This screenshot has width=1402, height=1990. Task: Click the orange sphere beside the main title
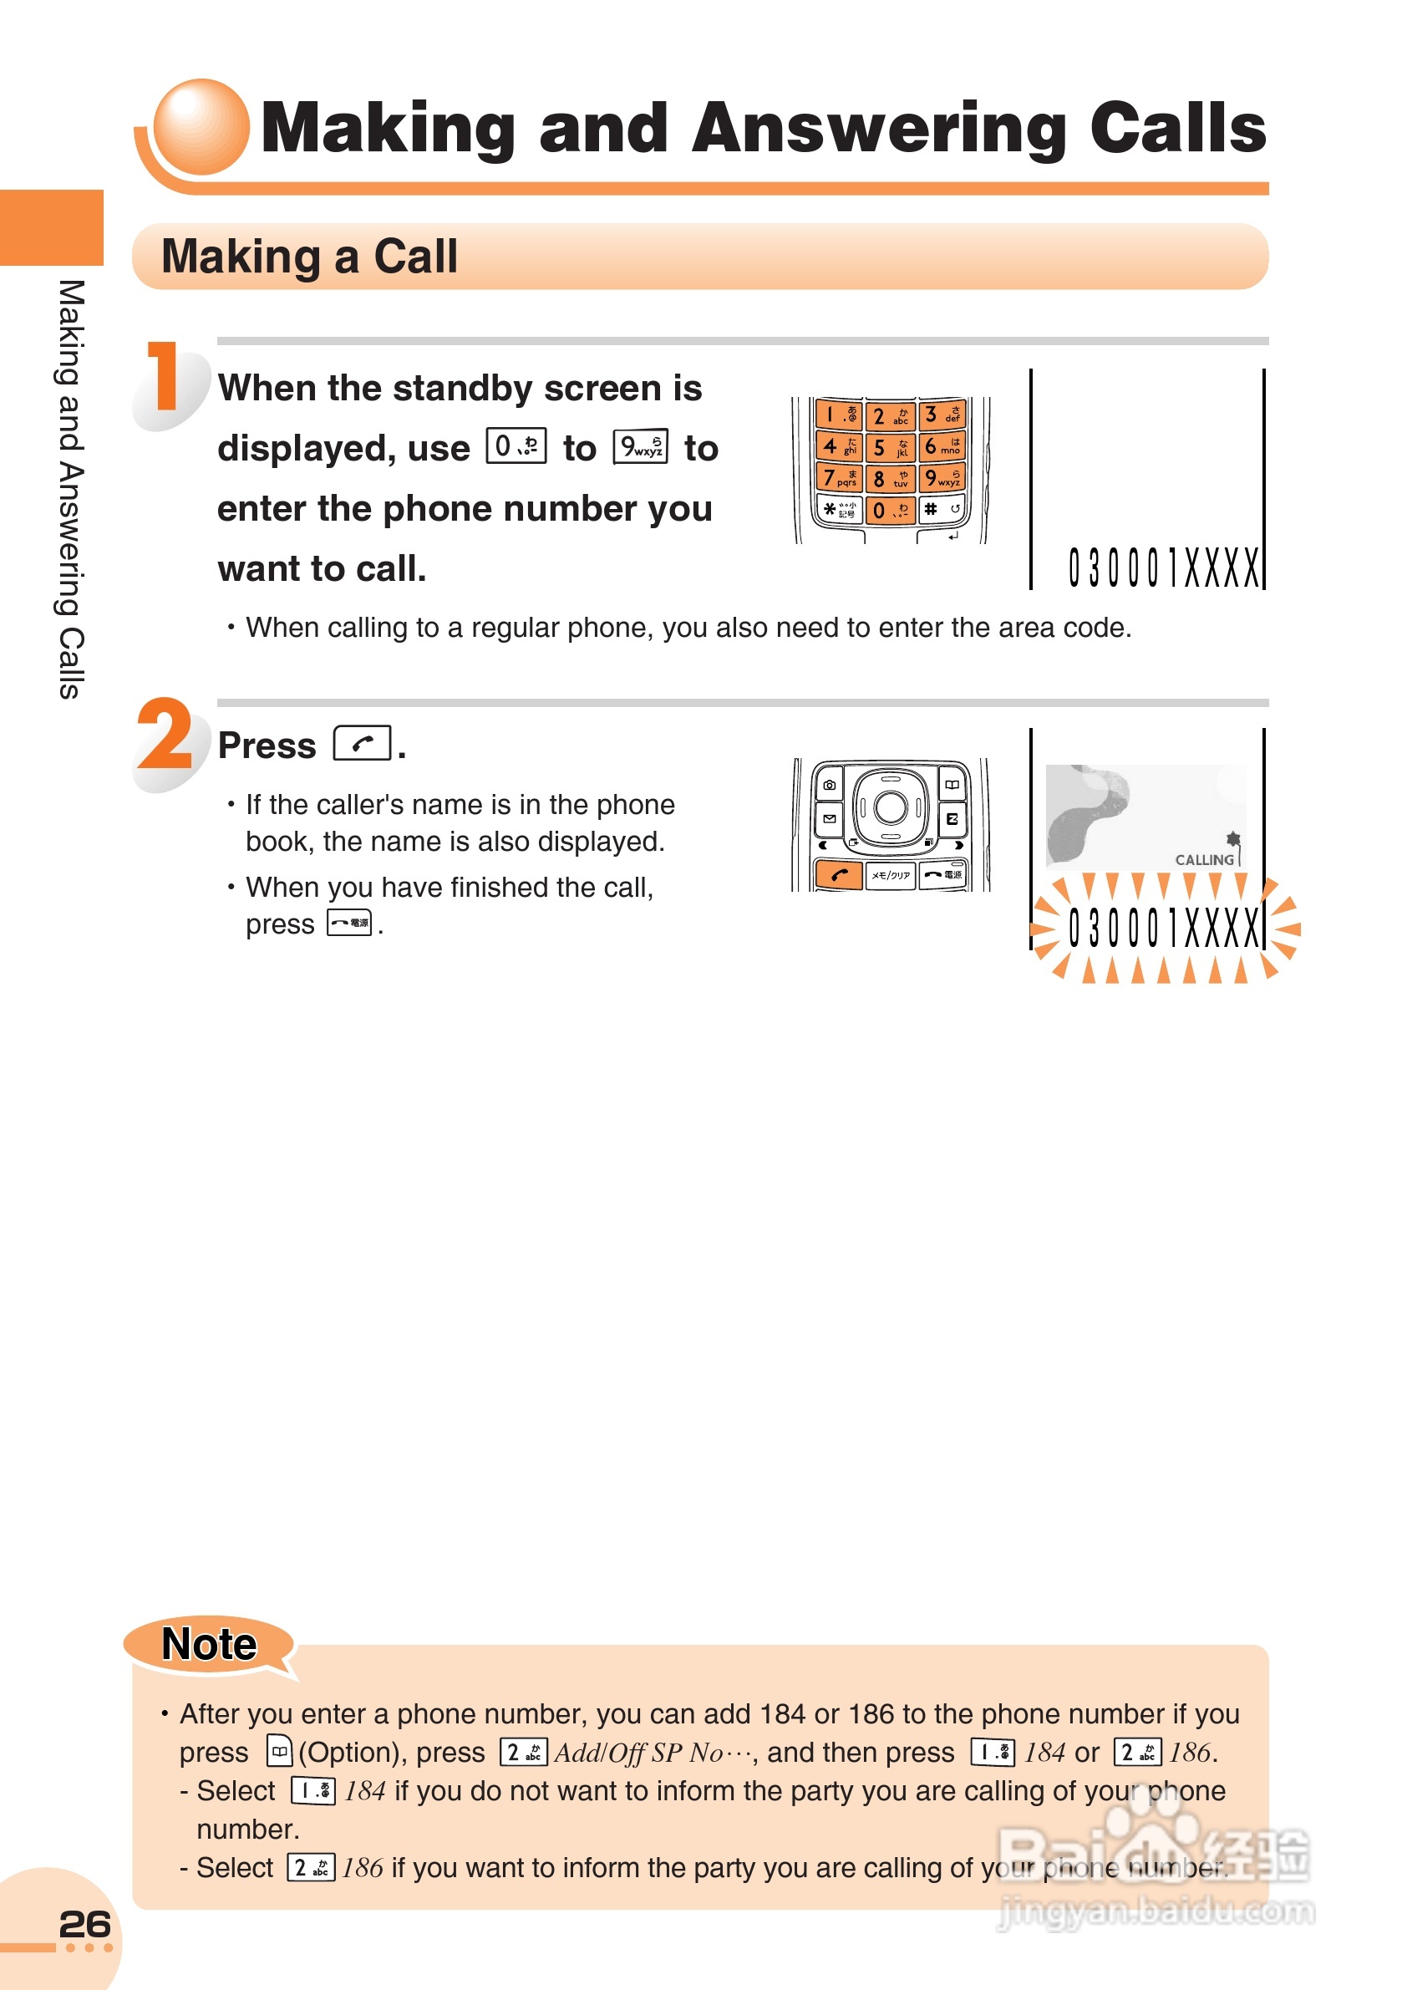[x=201, y=126]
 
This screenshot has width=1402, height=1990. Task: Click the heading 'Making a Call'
[x=309, y=257]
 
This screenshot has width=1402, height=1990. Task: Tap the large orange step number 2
[x=165, y=735]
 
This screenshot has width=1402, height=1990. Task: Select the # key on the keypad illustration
[x=941, y=509]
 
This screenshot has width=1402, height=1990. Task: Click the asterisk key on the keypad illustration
[x=838, y=509]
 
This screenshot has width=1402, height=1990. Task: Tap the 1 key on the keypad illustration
[x=838, y=415]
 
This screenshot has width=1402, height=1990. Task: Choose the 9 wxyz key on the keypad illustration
[x=941, y=477]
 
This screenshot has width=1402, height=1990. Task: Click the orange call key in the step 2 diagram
[x=838, y=874]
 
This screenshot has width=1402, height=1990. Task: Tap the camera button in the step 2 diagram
[x=829, y=785]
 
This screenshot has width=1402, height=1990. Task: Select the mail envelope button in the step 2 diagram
[x=829, y=818]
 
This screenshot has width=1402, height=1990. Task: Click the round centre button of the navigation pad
[x=890, y=807]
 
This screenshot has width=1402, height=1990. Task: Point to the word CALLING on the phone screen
[x=1204, y=859]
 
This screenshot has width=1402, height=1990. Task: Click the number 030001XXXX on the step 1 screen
[x=1163, y=568]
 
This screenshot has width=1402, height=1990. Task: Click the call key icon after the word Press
[x=363, y=743]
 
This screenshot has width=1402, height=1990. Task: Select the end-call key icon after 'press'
[x=349, y=923]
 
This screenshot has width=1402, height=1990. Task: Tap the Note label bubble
[x=209, y=1643]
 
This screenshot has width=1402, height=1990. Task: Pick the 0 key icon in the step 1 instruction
[x=516, y=446]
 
